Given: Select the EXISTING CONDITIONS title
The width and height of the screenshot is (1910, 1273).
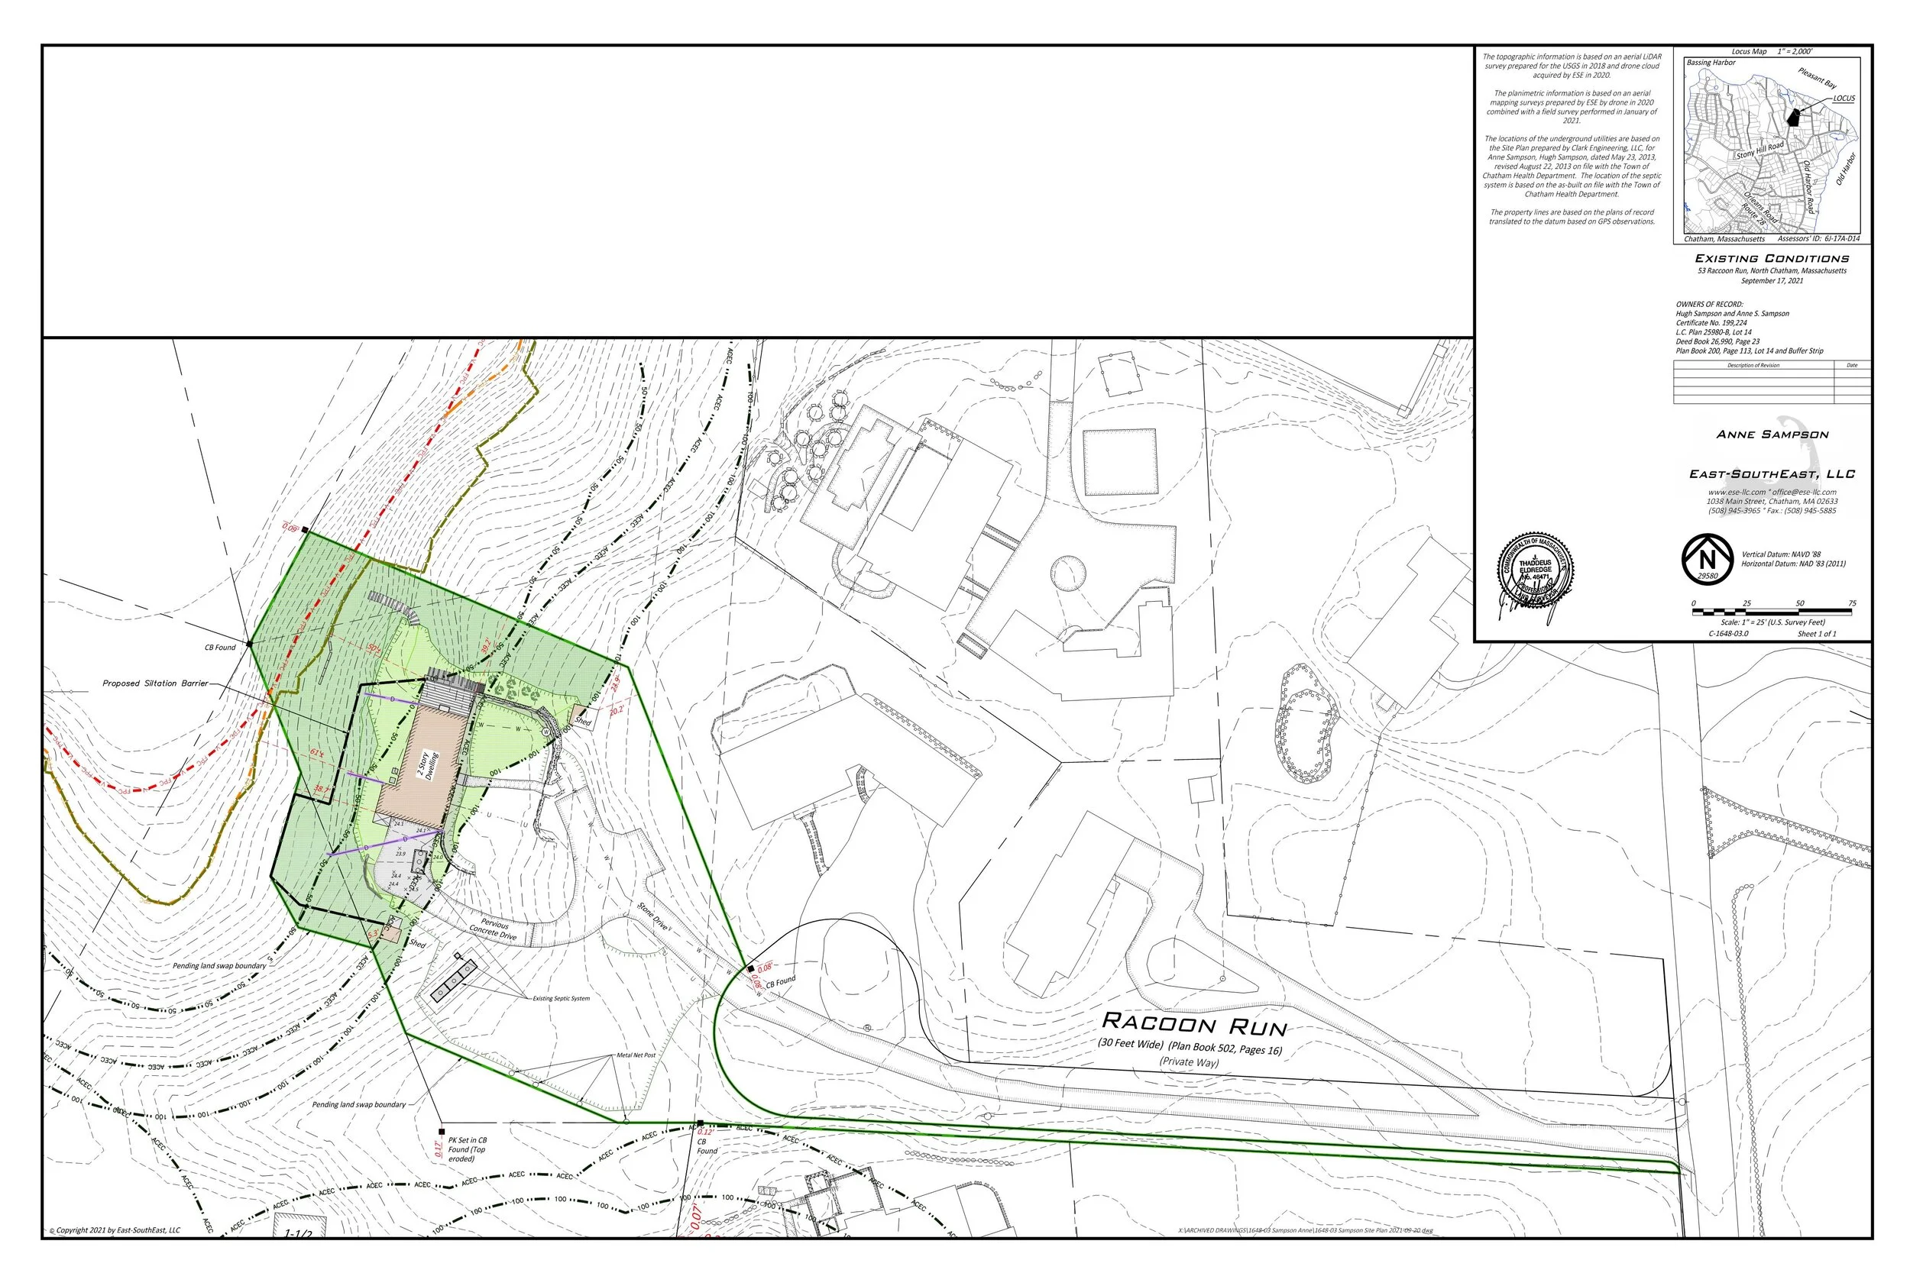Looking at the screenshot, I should tap(1771, 258).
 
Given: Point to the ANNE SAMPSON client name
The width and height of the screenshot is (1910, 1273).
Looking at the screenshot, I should tap(1772, 435).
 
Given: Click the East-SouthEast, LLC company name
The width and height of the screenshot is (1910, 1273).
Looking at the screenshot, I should tap(1772, 474).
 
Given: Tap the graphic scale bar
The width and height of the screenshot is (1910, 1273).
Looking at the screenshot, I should tap(1772, 610).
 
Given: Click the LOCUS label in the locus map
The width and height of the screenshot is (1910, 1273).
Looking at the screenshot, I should tap(1844, 99).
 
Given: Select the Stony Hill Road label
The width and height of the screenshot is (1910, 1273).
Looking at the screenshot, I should tap(1759, 150).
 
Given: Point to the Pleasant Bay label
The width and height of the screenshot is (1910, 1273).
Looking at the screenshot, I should tap(1817, 78).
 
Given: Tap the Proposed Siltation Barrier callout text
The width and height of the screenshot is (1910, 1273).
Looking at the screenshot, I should tap(155, 683).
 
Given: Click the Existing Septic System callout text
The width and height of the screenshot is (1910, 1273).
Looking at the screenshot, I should tap(561, 999).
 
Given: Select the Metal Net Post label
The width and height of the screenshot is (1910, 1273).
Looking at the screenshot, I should tap(636, 1055).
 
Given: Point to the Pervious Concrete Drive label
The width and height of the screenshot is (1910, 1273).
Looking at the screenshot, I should tap(493, 929).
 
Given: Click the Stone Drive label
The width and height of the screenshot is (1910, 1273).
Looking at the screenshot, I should tap(653, 916).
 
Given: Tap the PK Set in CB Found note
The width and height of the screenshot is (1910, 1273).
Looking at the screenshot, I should tap(467, 1149).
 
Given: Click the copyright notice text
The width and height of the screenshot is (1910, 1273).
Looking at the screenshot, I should tap(115, 1230).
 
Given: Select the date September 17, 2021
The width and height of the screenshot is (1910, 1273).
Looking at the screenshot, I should tap(1772, 281).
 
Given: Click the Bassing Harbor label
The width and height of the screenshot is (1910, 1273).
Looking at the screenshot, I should tap(1711, 63).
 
